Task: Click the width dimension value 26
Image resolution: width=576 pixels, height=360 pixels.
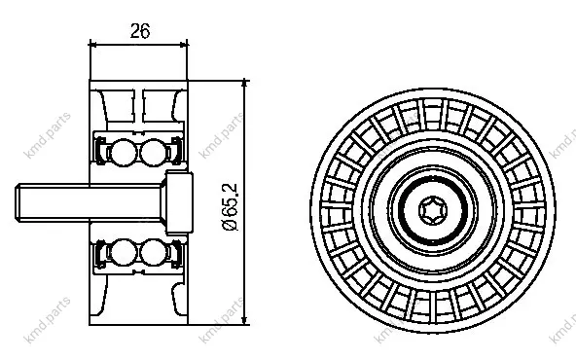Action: (140, 31)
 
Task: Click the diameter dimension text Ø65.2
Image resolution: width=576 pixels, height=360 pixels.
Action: (231, 207)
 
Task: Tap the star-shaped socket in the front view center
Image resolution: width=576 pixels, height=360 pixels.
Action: (433, 210)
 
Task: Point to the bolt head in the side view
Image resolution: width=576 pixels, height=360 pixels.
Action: (179, 202)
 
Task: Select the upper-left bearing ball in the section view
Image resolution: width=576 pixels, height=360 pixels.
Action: (124, 152)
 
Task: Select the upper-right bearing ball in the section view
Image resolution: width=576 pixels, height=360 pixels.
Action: (153, 152)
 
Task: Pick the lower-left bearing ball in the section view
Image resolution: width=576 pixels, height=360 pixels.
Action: (124, 252)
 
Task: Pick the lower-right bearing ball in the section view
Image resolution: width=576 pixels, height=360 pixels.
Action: (153, 252)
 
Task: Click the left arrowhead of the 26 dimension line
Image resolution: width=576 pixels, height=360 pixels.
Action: (93, 45)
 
